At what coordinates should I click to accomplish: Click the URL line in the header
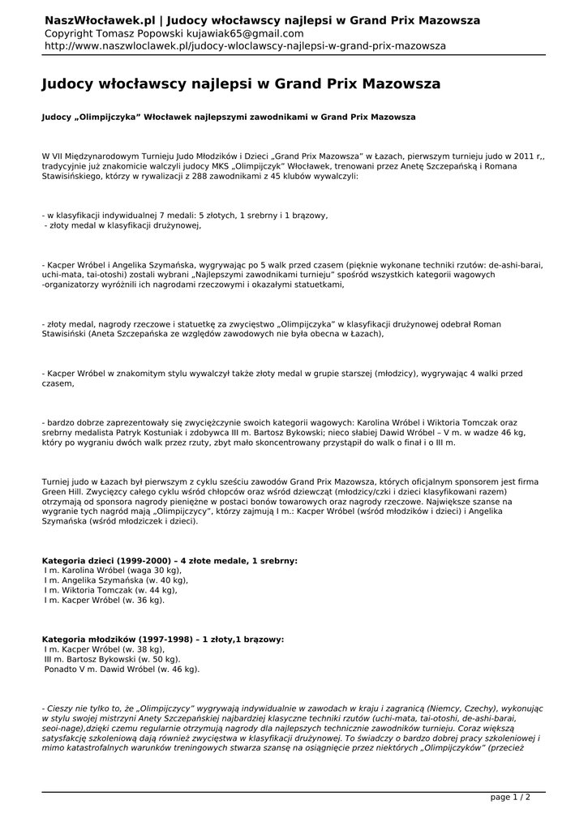pyautogui.click(x=244, y=46)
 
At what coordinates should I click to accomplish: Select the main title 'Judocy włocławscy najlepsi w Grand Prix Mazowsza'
pyautogui.click(x=241, y=83)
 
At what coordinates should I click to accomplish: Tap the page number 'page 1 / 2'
pyautogui.click(x=510, y=798)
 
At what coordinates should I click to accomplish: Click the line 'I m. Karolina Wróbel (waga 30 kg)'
pyautogui.click(x=113, y=571)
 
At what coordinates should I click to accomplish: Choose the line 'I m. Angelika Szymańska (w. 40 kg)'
pyautogui.click(x=116, y=580)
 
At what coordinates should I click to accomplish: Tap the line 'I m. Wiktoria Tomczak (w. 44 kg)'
pyautogui.click(x=112, y=590)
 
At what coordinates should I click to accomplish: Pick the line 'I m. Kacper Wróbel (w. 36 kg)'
pyautogui.click(x=105, y=600)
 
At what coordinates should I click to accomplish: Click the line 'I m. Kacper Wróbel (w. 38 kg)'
pyautogui.click(x=105, y=649)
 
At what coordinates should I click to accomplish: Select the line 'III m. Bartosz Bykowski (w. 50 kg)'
pyautogui.click(x=113, y=660)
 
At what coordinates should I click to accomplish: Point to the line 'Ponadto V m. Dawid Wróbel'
pyautogui.click(x=122, y=670)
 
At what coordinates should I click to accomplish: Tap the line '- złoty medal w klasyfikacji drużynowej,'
pyautogui.click(x=122, y=225)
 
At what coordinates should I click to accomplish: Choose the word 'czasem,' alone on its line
pyautogui.click(x=58, y=383)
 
